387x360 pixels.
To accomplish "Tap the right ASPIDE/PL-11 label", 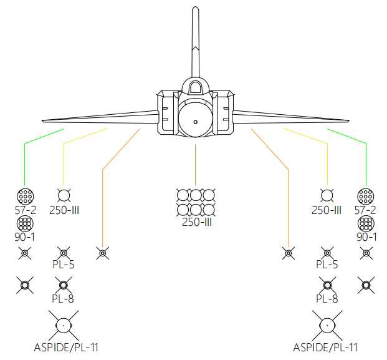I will coord(325,347).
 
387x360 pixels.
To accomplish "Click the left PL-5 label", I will coord(63,265).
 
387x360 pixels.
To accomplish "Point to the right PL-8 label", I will coord(327,298).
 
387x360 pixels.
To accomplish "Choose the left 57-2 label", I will coord(25,210).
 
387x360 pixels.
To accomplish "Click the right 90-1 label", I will coord(366,237).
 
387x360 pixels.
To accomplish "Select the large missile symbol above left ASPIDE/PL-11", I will coord(63,324).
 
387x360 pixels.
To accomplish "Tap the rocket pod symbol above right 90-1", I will coord(366,223).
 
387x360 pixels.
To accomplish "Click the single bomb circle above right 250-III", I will coord(325,194).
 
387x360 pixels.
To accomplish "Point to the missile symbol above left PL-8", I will coord(63,286).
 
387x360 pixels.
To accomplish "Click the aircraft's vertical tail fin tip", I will coord(195,9).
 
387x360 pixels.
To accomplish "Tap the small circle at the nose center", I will coord(195,121).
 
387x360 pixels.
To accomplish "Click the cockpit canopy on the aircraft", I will coord(195,87).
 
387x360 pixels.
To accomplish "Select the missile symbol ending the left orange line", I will coord(102,253).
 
